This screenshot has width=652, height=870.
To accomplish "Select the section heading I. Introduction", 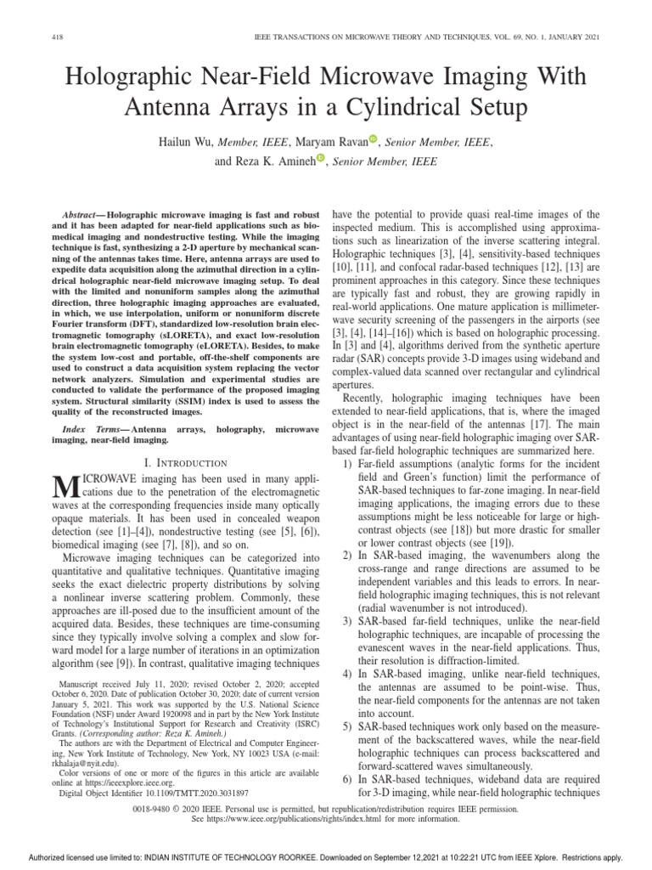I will tap(186, 463).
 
